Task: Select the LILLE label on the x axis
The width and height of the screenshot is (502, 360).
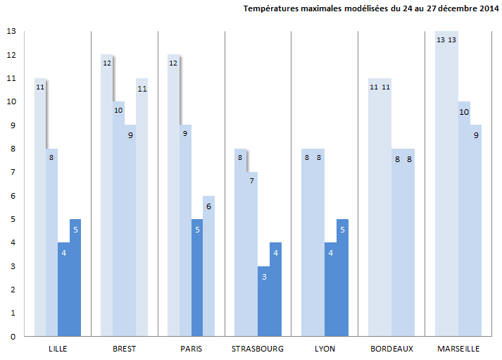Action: (x=58, y=349)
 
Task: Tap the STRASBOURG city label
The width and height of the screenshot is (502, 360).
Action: (x=258, y=349)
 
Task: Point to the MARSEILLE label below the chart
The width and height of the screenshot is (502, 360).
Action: (x=458, y=349)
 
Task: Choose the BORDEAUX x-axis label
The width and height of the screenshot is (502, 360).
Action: (x=391, y=349)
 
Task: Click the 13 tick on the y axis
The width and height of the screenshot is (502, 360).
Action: (x=11, y=32)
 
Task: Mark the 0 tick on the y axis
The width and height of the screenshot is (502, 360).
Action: (x=11, y=337)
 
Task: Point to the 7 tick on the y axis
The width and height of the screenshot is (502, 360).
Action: (x=11, y=173)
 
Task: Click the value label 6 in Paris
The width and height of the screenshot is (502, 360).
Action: (x=208, y=206)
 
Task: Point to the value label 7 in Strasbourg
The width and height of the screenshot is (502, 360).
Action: (x=251, y=181)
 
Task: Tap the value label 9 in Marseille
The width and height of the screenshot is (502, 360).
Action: (x=476, y=135)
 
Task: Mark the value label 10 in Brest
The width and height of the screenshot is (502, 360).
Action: (x=118, y=110)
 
